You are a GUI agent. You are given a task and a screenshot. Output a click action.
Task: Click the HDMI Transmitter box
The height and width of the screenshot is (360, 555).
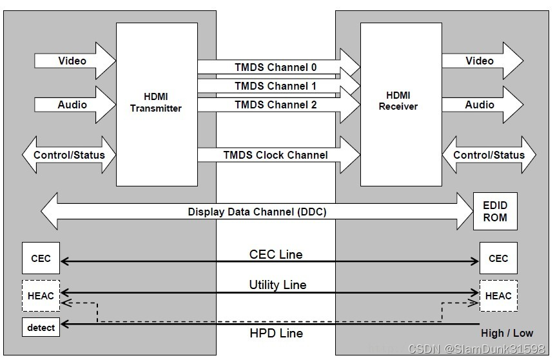[156, 104]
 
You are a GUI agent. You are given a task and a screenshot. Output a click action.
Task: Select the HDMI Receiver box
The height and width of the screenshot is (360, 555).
[398, 104]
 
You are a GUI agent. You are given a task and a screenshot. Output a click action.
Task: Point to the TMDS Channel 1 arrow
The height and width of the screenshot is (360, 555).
[276, 86]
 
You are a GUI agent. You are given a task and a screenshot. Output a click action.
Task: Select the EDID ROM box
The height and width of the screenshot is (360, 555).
[495, 212]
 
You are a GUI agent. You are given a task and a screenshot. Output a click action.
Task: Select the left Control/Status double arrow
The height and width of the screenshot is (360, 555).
[69, 155]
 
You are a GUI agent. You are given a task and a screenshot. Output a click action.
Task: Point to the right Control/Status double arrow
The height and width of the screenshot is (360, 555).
[489, 155]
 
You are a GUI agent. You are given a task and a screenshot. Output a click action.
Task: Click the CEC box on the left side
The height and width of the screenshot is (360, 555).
[41, 259]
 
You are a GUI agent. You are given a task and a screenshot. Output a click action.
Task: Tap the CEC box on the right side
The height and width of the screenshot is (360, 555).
[498, 259]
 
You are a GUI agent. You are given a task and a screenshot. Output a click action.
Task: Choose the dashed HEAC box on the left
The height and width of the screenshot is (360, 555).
[41, 296]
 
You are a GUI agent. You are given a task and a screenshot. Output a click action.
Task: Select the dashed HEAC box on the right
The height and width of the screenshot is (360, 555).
[498, 296]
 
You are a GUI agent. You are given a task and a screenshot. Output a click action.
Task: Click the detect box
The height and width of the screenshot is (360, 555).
[41, 328]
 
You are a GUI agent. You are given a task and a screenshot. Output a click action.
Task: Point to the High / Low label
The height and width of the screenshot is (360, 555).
[507, 334]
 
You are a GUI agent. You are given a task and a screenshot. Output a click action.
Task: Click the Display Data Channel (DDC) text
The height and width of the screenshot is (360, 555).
[257, 212]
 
